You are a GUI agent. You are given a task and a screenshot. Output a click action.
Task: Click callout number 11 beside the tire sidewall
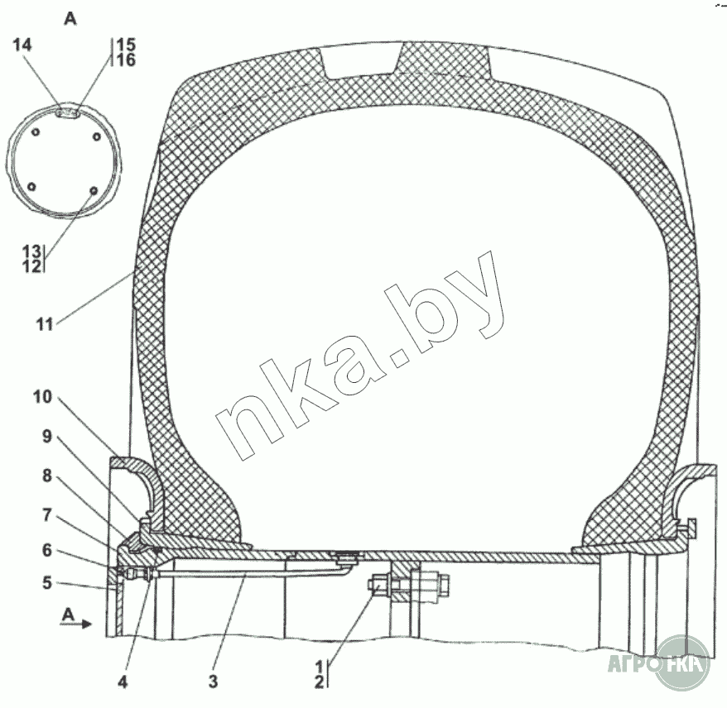pyautogui.click(x=45, y=324)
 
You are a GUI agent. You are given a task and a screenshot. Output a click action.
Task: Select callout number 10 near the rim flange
pyautogui.click(x=43, y=397)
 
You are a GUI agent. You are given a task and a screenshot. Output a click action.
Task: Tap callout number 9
pyautogui.click(x=47, y=436)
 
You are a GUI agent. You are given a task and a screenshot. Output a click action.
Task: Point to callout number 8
pyautogui.click(x=47, y=476)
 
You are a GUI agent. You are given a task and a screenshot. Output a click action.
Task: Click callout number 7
pyautogui.click(x=47, y=514)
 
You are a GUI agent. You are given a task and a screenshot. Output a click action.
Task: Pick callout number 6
pyautogui.click(x=47, y=550)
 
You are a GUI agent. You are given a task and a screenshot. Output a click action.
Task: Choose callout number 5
pyautogui.click(x=47, y=582)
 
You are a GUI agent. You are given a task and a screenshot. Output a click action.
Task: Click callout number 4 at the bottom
pyautogui.click(x=123, y=682)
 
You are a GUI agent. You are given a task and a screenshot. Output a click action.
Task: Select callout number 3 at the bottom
pyautogui.click(x=213, y=682)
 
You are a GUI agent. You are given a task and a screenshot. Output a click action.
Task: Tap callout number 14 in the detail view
pyautogui.click(x=22, y=45)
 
